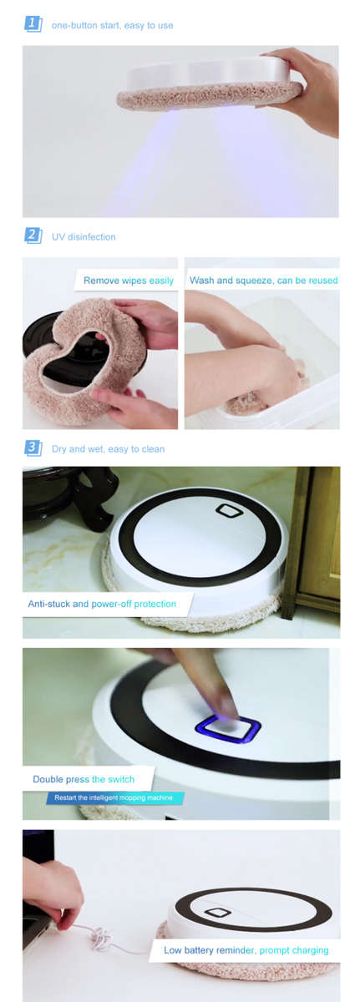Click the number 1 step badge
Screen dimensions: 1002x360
coord(33,24)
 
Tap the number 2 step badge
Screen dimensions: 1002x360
coord(33,235)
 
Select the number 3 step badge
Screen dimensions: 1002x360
coord(33,448)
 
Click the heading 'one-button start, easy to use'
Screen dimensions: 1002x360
coord(112,26)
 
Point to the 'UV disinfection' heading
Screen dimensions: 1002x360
coord(84,237)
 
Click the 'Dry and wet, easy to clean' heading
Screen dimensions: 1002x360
coord(108,449)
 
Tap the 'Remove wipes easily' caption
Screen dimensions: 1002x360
coord(128,281)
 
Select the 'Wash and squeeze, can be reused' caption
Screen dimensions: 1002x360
coord(263,281)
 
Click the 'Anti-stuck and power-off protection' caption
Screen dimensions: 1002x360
coord(102,604)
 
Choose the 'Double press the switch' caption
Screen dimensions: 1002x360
coord(83,779)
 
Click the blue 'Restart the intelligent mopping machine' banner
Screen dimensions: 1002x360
coord(114,798)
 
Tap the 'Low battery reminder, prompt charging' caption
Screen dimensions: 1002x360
coord(246,950)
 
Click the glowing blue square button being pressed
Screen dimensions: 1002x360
coord(227,726)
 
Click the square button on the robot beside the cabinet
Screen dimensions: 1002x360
coord(228,510)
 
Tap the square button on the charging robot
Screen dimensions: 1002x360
coord(219,913)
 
